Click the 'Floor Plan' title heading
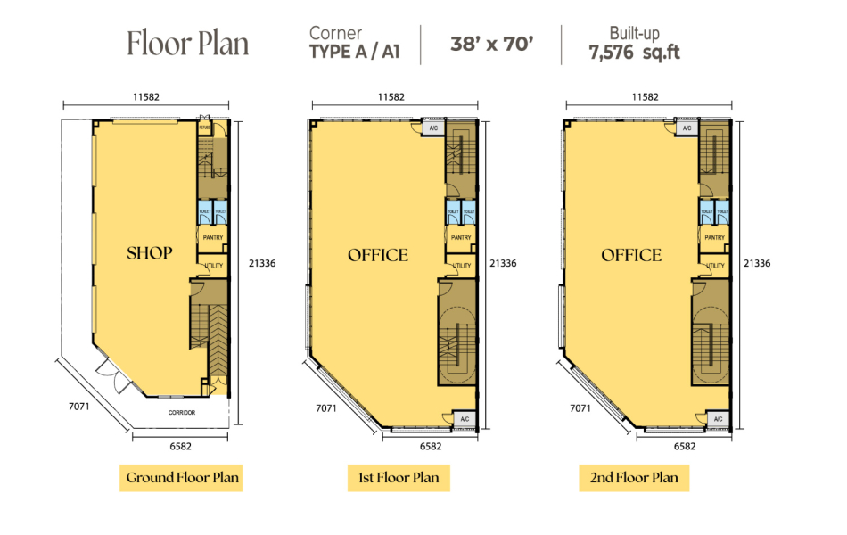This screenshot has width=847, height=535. [187, 43]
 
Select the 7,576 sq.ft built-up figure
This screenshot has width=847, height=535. [634, 53]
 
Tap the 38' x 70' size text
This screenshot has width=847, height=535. [491, 44]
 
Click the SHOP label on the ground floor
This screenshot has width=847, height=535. [149, 253]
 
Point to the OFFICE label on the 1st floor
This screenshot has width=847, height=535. [378, 256]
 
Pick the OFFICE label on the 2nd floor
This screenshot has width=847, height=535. [631, 256]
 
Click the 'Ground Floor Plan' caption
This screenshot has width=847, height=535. [183, 477]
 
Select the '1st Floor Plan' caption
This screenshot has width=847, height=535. [399, 477]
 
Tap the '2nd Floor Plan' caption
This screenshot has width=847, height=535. [634, 477]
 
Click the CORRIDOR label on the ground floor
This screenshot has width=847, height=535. [182, 413]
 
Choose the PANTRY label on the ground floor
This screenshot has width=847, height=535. [212, 238]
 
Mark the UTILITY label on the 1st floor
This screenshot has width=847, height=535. [462, 266]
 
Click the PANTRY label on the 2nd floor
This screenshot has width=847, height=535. [714, 238]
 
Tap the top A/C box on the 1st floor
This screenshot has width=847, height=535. [433, 128]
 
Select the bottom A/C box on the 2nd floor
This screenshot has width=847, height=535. [718, 419]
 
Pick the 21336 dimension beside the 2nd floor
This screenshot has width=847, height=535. [756, 263]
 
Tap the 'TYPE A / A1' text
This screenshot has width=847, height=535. [353, 53]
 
